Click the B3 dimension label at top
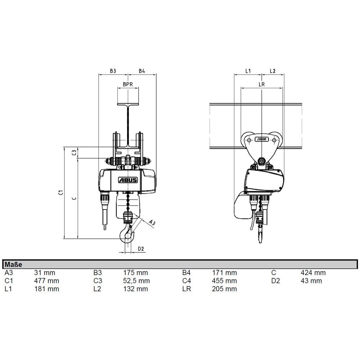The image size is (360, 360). pyautogui.click(x=113, y=71)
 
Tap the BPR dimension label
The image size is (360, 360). pyautogui.click(x=128, y=85)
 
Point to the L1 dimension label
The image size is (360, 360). pyautogui.click(x=248, y=71)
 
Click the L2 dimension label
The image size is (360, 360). pyautogui.click(x=273, y=71)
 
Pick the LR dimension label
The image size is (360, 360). pyautogui.click(x=262, y=85)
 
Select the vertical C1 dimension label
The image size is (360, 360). pyautogui.click(x=61, y=192)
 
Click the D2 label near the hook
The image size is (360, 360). pyautogui.click(x=141, y=249)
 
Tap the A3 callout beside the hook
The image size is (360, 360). pyautogui.click(x=152, y=223)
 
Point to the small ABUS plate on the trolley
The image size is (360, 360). pyautogui.click(x=261, y=139)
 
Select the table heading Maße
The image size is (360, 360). pyautogui.click(x=14, y=265)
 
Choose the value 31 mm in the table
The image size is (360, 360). pyautogui.click(x=45, y=273)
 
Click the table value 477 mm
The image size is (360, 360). pyautogui.click(x=46, y=281)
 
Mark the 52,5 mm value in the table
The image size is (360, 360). pyautogui.click(x=136, y=281)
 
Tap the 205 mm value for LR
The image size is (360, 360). pyautogui.click(x=225, y=289)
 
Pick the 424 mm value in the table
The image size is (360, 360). pyautogui.click(x=313, y=273)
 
